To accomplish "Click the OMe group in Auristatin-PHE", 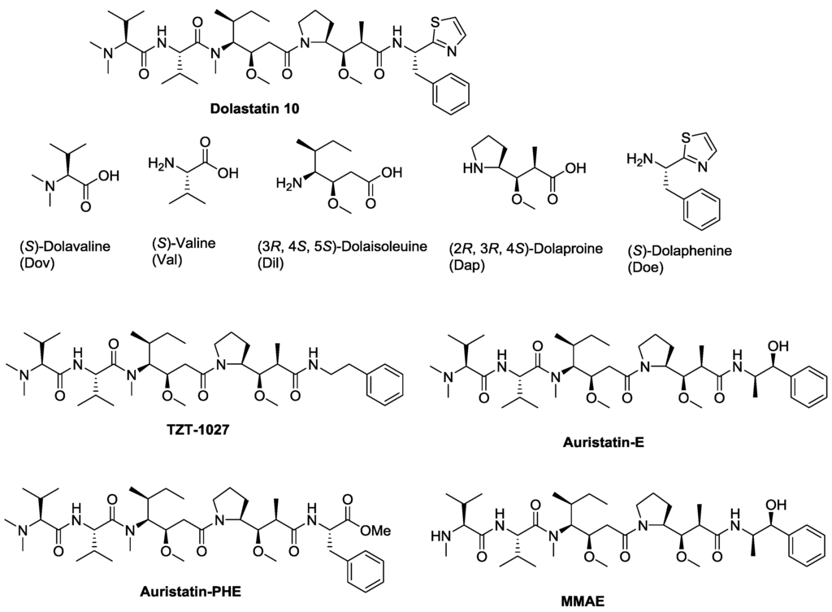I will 376,531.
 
